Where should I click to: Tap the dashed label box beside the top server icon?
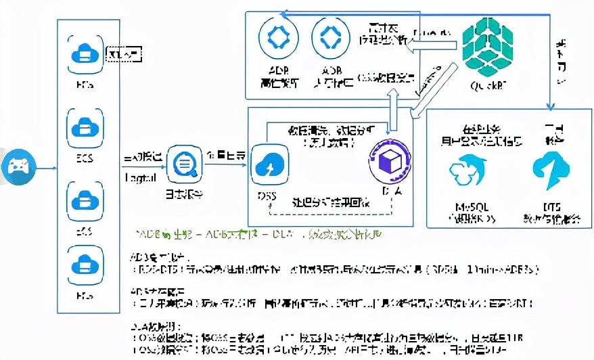[124, 53]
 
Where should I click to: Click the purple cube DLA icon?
[388, 162]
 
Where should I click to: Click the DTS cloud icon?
[551, 170]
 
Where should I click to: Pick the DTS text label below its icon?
[551, 206]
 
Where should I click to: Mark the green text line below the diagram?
[260, 234]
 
